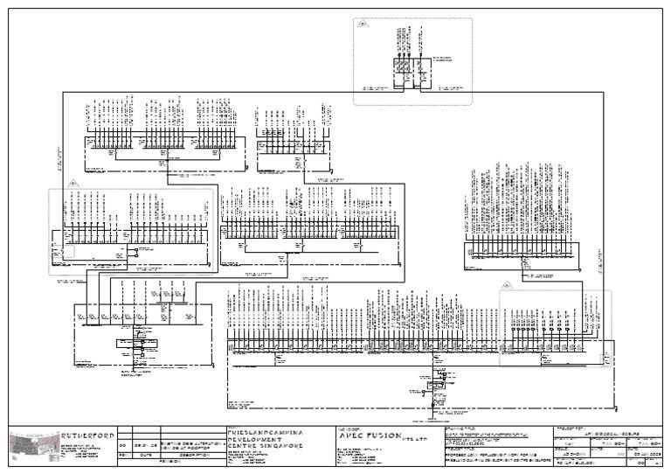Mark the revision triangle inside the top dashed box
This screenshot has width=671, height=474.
click(x=361, y=27)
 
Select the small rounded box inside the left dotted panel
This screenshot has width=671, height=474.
click(x=68, y=250)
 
